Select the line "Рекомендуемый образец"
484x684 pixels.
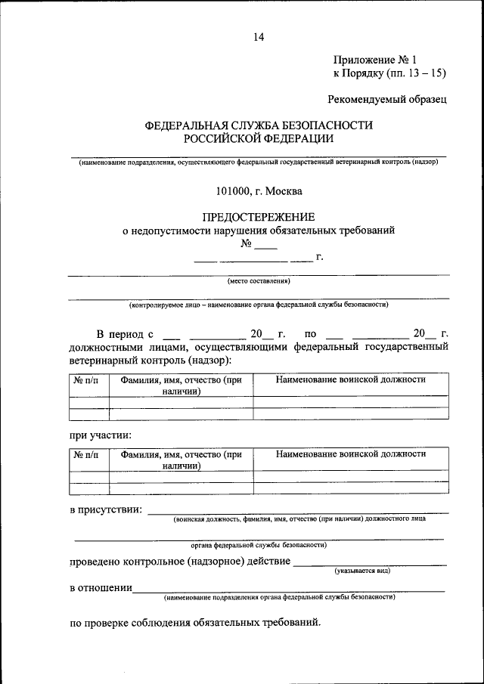(387, 99)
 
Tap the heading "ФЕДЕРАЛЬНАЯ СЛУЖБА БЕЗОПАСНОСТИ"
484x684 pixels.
(259, 125)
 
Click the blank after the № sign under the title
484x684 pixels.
(266, 246)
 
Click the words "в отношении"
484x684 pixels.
(101, 588)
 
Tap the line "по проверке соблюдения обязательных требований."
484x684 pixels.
(195, 624)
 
